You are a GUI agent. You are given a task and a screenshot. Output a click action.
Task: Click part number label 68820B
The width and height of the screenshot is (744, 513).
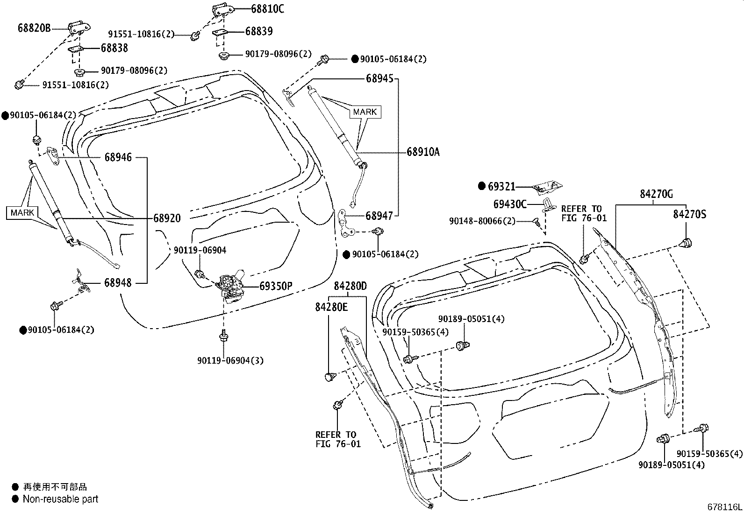[34, 28]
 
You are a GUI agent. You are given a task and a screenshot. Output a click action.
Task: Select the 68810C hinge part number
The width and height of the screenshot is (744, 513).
[267, 8]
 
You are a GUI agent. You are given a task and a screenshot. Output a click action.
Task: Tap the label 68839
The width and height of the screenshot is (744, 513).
[259, 31]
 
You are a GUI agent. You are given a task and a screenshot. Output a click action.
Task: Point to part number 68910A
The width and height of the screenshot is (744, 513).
[423, 152]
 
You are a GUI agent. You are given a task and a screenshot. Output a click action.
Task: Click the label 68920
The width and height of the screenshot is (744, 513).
[167, 218]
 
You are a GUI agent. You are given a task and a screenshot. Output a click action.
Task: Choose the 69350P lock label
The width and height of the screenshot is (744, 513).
[276, 286]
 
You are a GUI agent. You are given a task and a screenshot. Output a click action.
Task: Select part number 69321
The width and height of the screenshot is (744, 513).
[501, 186]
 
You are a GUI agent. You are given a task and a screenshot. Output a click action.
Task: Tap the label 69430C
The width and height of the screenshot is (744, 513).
[510, 204]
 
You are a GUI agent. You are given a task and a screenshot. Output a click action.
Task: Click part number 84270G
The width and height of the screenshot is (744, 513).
[656, 194]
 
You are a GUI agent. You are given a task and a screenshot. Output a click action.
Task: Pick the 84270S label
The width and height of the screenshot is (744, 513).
[690, 214]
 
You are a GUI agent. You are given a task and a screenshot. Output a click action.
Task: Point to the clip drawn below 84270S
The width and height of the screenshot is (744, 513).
[686, 243]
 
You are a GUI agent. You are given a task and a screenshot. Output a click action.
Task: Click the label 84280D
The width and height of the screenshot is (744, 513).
[351, 286]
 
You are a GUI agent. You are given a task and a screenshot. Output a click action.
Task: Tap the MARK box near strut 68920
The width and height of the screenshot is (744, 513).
[22, 212]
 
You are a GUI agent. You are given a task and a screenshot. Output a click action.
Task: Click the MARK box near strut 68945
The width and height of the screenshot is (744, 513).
[365, 112]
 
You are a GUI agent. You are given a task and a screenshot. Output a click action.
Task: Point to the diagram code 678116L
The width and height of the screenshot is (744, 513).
[724, 507]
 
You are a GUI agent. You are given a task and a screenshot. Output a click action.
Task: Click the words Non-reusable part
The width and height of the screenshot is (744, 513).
[61, 499]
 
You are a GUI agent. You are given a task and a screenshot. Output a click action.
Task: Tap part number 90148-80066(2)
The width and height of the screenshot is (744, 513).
[482, 221]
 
